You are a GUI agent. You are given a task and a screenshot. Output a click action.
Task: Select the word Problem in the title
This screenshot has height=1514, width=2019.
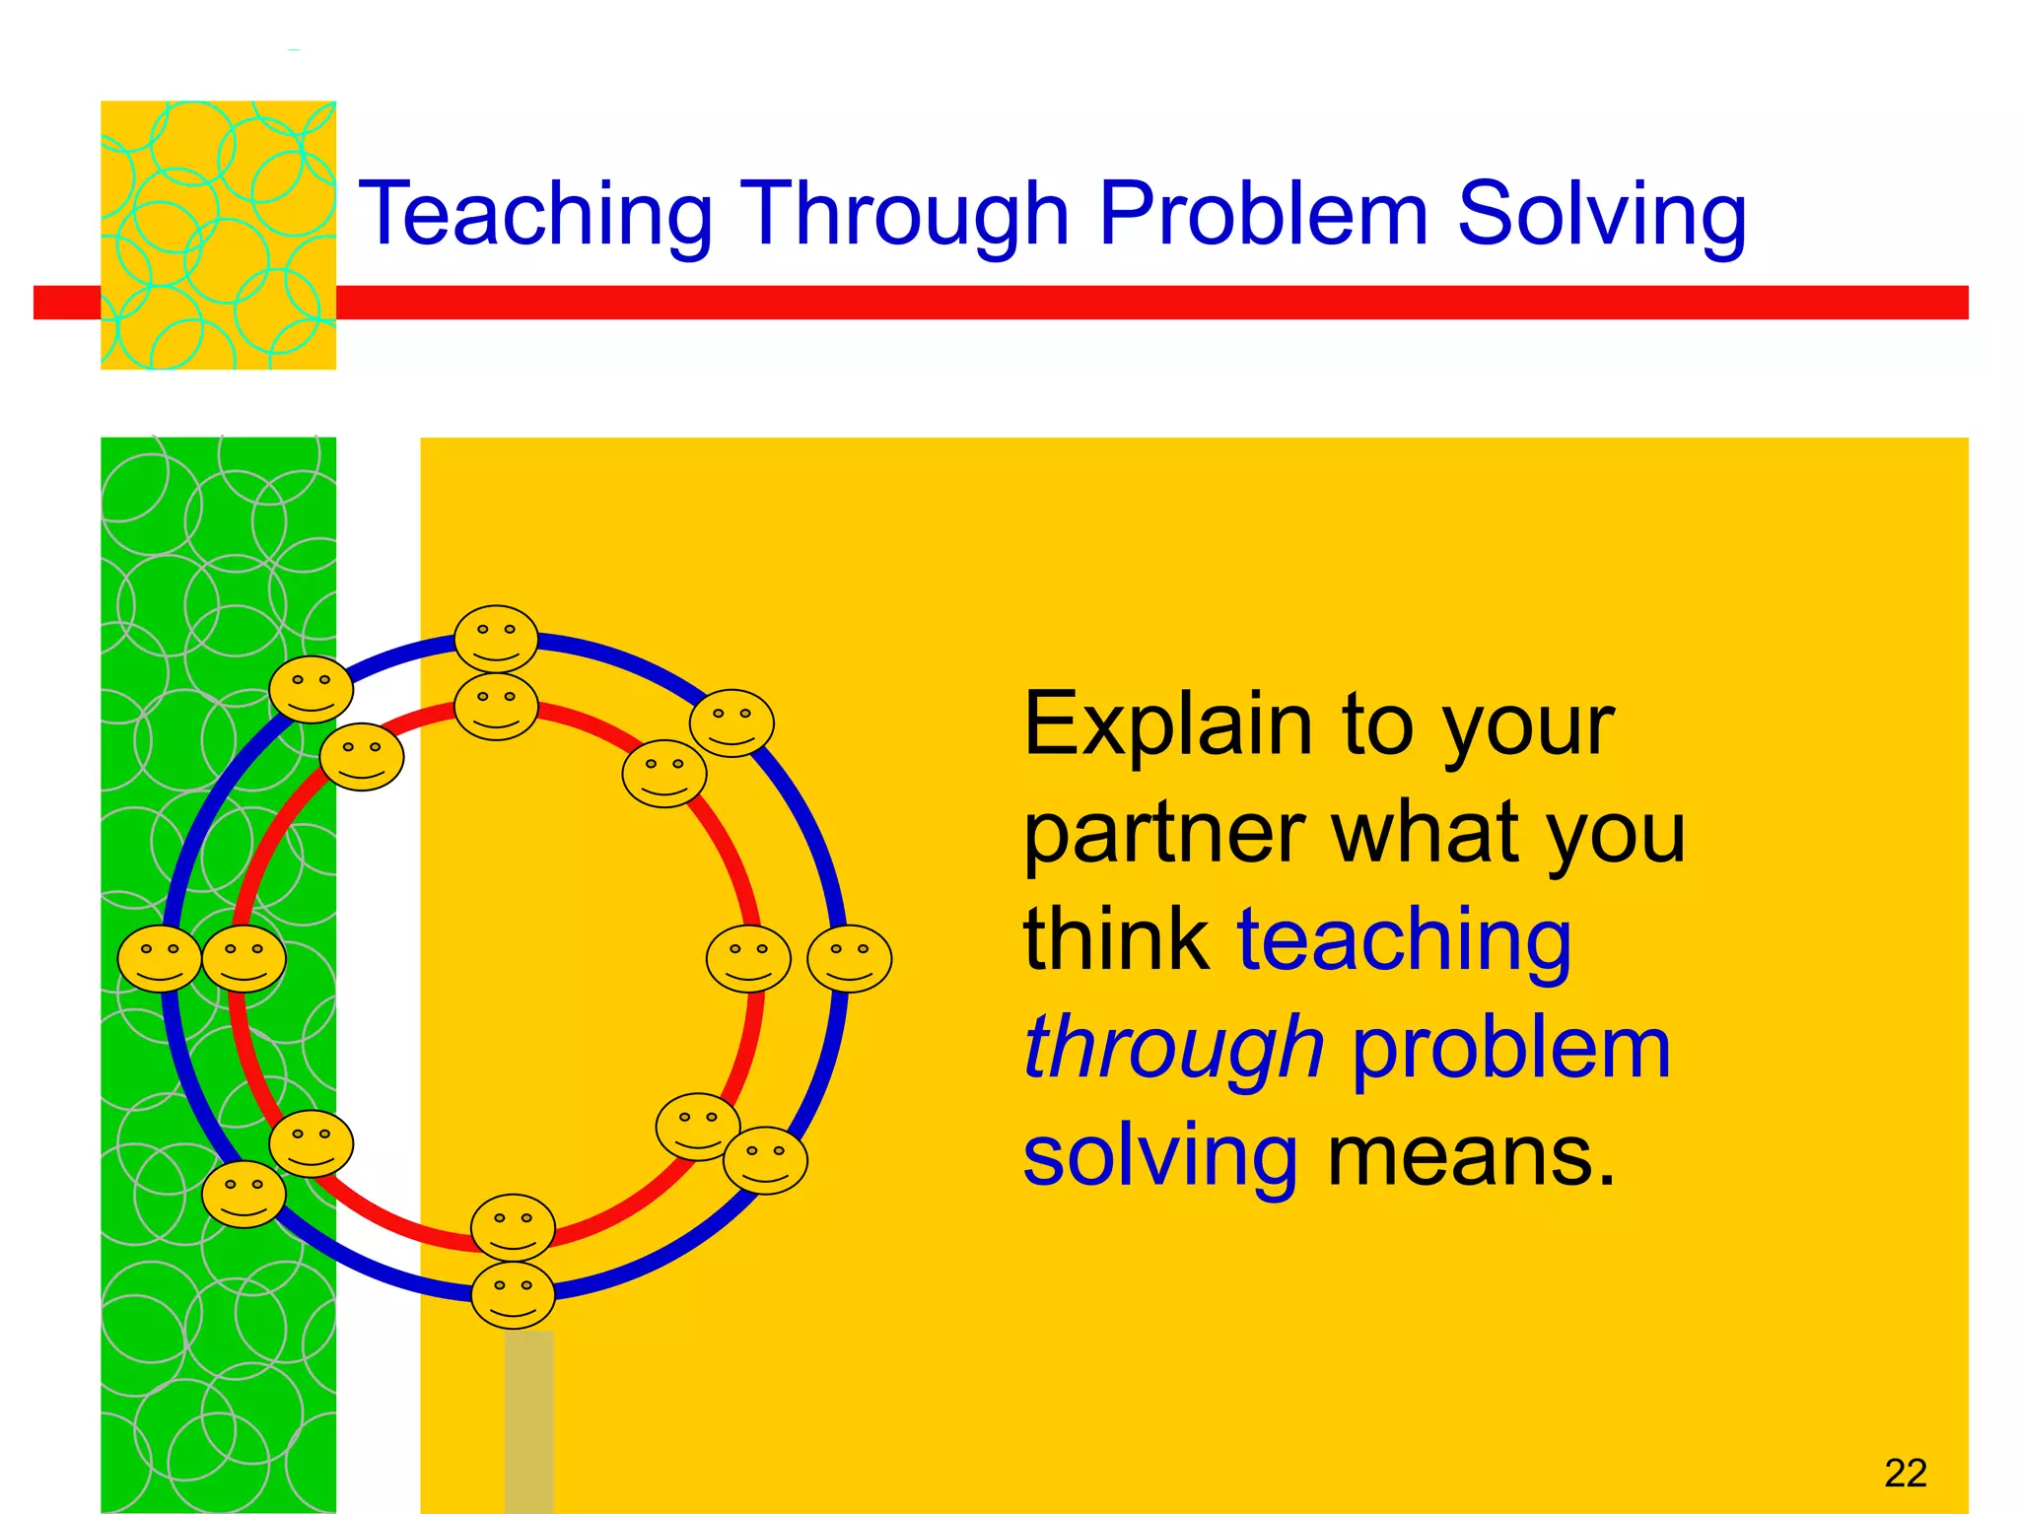[1263, 214]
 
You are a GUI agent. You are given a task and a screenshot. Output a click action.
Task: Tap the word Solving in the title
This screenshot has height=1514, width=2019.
[1601, 214]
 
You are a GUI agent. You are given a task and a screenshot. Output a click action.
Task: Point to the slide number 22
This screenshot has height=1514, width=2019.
[1905, 1473]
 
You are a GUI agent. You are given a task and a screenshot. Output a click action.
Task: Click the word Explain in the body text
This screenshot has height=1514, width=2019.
[1168, 724]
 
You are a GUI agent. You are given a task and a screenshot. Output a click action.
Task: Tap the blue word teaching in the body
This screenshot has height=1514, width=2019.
[1404, 941]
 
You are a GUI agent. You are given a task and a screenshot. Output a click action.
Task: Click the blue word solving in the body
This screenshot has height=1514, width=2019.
[1160, 1157]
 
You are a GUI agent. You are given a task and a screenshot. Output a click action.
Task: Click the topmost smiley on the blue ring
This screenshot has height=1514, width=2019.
[496, 639]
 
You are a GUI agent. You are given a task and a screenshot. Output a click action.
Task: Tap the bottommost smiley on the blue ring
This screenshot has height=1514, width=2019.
[513, 1294]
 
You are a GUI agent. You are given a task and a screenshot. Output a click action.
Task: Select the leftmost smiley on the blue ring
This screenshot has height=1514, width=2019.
[160, 958]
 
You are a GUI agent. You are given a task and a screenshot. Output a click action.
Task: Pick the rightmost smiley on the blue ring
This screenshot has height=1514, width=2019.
[849, 958]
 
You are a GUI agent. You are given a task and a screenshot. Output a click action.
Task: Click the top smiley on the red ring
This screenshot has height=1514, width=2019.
[496, 706]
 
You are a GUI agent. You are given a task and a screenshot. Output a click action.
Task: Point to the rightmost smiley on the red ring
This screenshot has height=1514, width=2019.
[748, 958]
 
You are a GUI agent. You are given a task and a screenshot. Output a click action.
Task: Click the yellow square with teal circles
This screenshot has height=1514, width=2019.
[218, 235]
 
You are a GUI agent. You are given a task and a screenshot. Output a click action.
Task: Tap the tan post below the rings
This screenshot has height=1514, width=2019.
[528, 1419]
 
